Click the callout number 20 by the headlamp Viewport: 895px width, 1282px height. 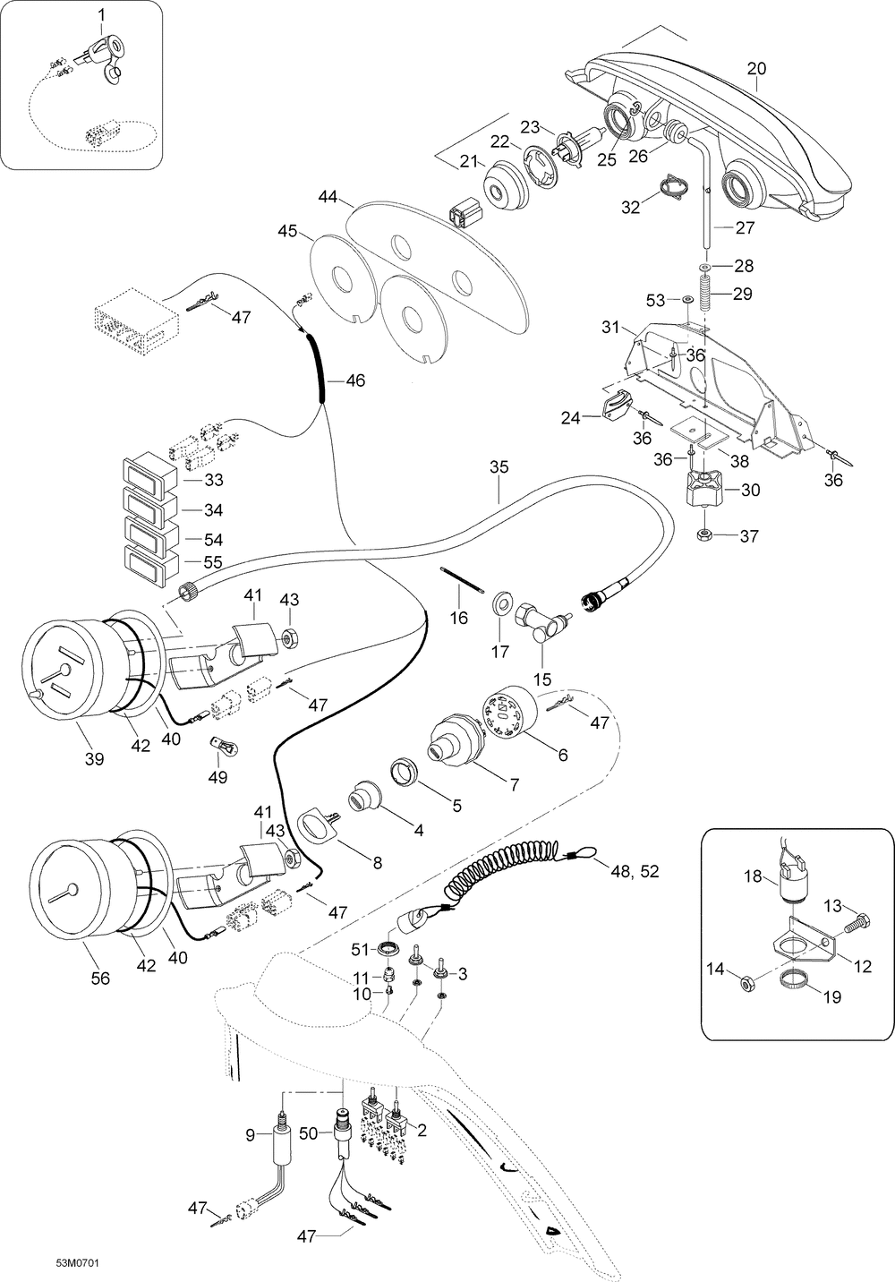[756, 69]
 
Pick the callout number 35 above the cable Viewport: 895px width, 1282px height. [499, 466]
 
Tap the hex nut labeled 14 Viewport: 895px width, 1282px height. [746, 984]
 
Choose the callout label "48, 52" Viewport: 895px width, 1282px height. [635, 871]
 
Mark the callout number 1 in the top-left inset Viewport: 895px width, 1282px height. [102, 15]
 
